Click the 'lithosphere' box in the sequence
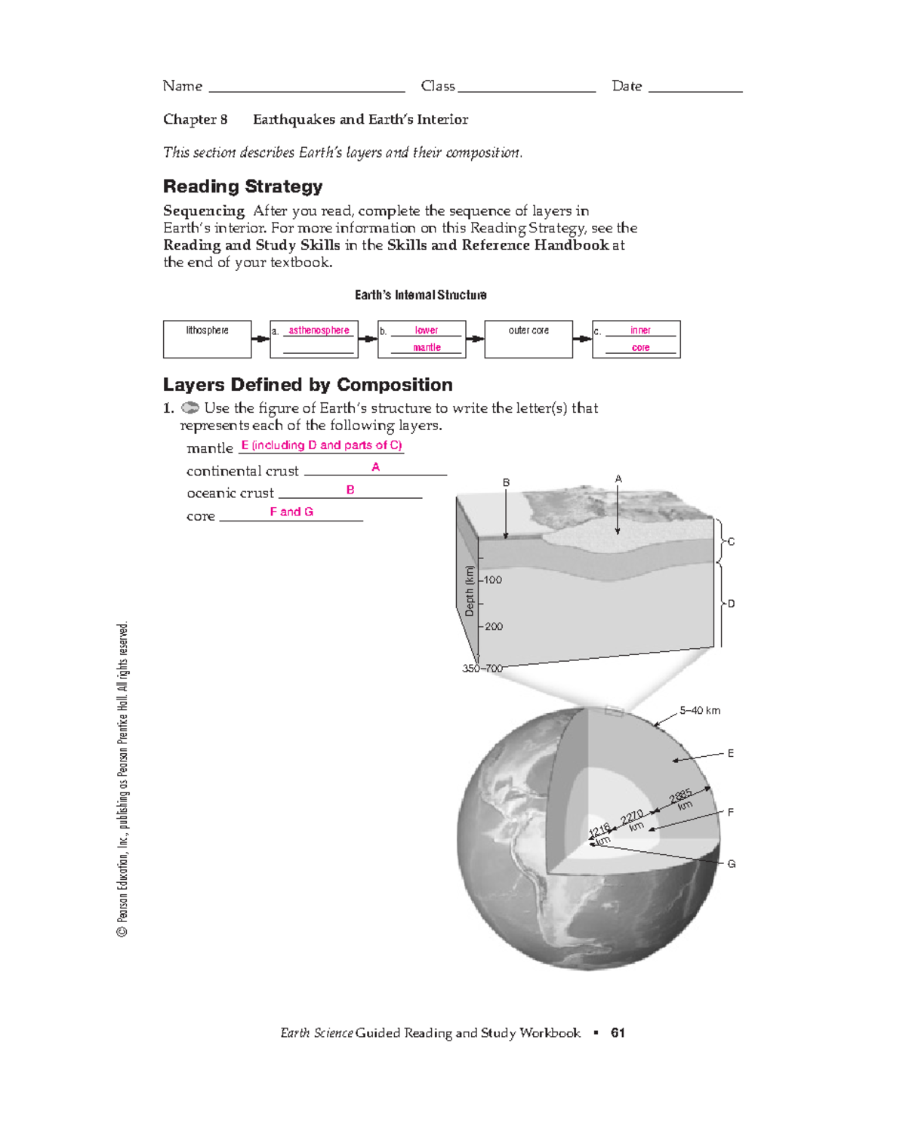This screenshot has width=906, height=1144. pos(207,339)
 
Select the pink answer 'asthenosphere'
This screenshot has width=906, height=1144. pos(319,331)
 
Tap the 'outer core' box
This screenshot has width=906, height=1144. pos(528,339)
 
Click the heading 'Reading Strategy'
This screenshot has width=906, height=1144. pos(242,186)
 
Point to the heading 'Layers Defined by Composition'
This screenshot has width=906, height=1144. pos(307,385)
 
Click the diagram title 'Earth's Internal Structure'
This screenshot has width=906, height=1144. pos(421,295)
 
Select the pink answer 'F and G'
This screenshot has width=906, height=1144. pos(291,512)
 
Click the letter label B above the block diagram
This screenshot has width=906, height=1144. pos(507,483)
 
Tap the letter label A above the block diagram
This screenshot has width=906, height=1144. pos(618,479)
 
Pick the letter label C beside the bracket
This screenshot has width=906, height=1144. pos(731,542)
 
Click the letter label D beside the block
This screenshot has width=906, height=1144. pos(731,604)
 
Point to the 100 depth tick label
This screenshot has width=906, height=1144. pos(492,580)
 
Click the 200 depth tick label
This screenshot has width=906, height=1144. pos(493,626)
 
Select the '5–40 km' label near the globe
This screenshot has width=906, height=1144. pos(700,711)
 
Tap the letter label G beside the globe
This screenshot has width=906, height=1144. pos(731,864)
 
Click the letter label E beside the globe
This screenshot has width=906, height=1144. pos(731,753)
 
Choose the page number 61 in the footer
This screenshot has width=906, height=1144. pos(618,1033)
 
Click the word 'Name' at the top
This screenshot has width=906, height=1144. pos(183,86)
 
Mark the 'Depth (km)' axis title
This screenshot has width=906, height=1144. pos(470,591)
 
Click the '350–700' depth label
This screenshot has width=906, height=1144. pos(482,669)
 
